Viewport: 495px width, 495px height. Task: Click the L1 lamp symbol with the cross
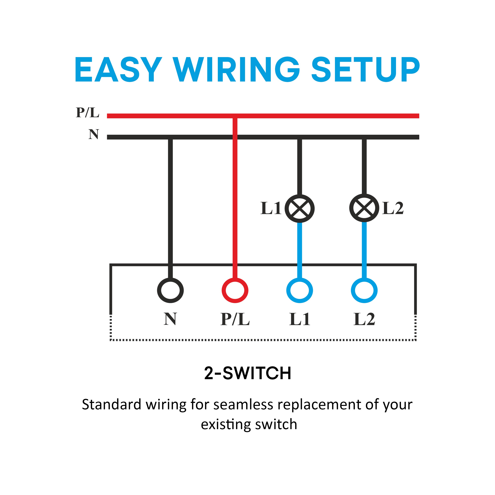pyautogui.click(x=299, y=208)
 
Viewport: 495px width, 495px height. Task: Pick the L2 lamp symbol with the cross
pyautogui.click(x=364, y=208)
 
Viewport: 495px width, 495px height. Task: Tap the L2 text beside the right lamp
pyautogui.click(x=393, y=208)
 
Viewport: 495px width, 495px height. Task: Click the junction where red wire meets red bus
pyautogui.click(x=235, y=116)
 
